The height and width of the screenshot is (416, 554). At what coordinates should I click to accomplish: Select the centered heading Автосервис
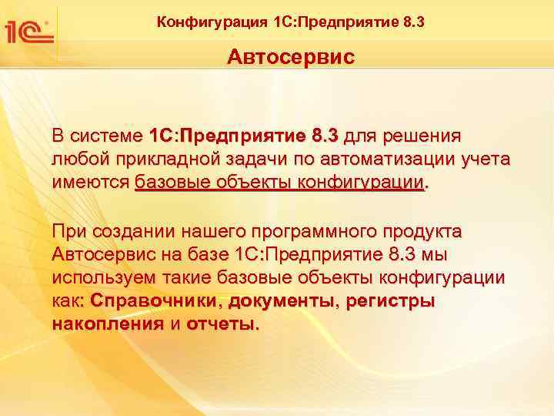click(291, 58)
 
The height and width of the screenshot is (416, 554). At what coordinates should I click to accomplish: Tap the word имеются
click(90, 183)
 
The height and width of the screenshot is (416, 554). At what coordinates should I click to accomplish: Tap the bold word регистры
click(389, 300)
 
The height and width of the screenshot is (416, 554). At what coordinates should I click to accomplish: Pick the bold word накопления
click(107, 324)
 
